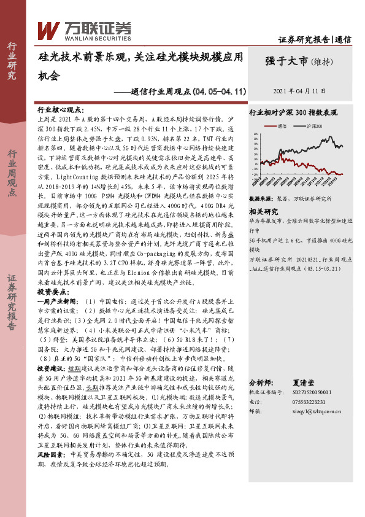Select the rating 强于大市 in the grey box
coord(287,61)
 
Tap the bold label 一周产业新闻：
coord(60,301)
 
